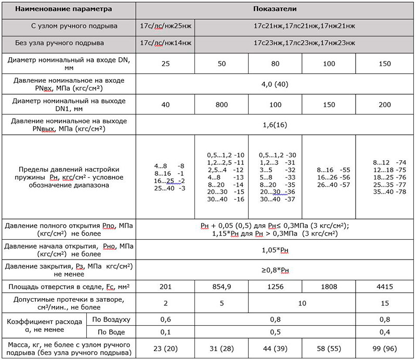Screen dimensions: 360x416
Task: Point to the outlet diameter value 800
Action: coord(222,104)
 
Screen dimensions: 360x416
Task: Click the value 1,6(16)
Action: coord(275,125)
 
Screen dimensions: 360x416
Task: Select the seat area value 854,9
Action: coord(222,287)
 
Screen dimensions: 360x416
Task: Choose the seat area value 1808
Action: coord(328,287)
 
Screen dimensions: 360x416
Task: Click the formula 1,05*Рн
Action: coord(275,250)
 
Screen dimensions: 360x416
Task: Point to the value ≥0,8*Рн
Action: coord(275,270)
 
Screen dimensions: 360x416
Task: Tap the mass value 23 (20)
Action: coord(165,348)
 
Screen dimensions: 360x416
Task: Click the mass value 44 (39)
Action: coord(275,348)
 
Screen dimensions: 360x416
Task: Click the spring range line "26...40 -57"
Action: coord(328,184)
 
